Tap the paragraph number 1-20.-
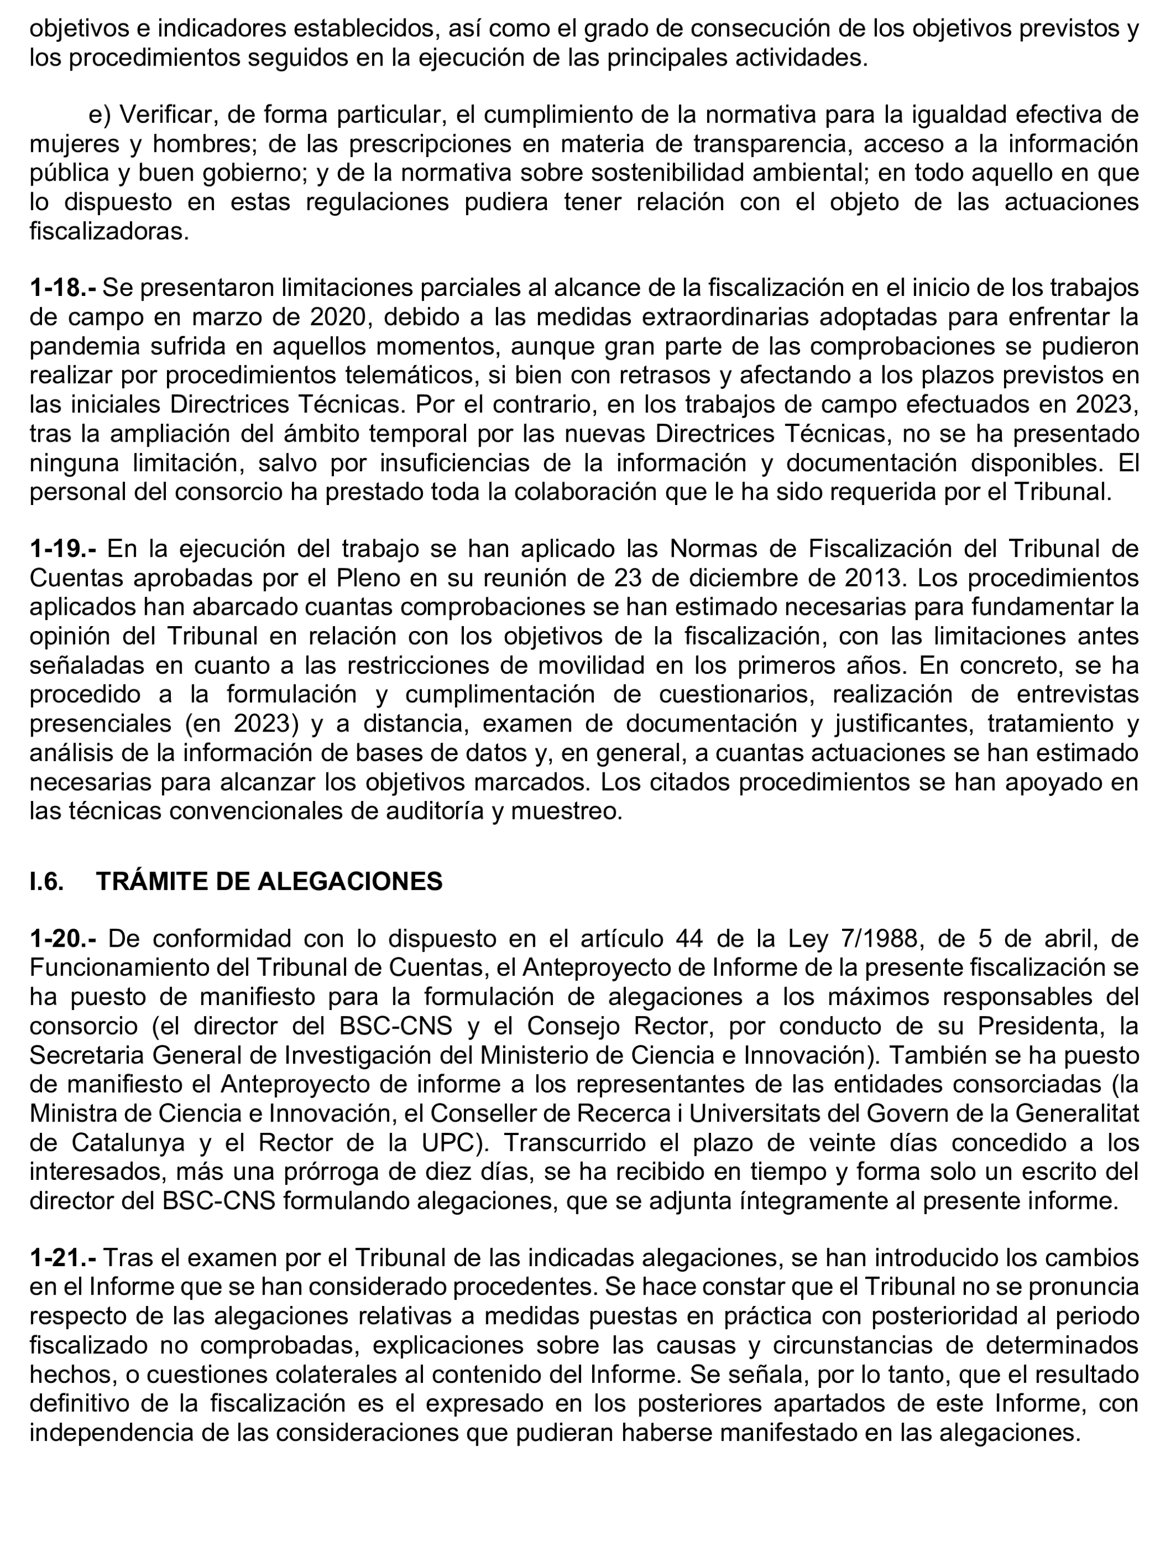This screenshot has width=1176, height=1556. [63, 938]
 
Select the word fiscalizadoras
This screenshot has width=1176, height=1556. [109, 231]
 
